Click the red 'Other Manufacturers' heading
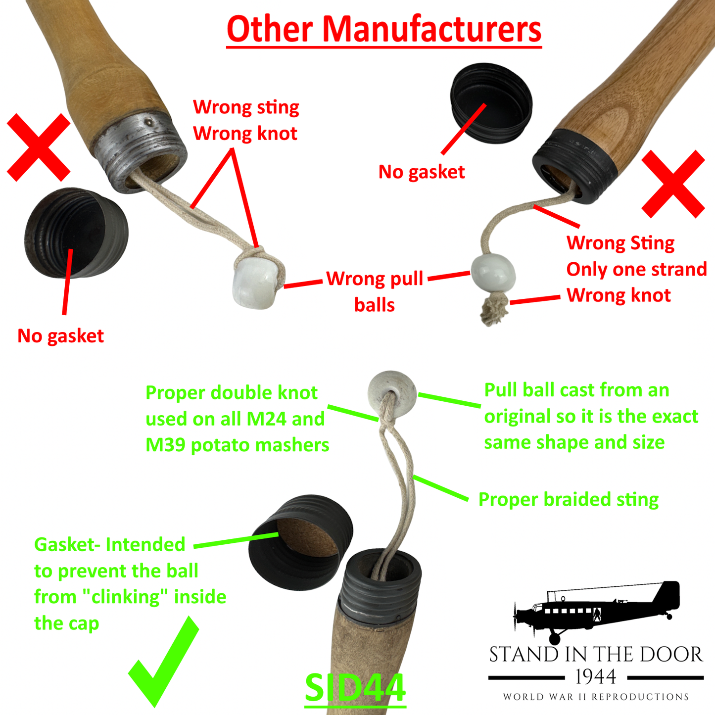[x=384, y=30]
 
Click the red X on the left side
[x=39, y=147]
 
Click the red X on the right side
[x=673, y=184]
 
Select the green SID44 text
[x=355, y=687]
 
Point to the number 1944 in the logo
[x=596, y=677]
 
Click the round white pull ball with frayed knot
[x=492, y=272]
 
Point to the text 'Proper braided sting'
[x=568, y=500]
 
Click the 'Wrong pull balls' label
[x=375, y=291]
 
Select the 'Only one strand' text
[x=636, y=269]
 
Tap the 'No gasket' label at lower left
[x=60, y=336]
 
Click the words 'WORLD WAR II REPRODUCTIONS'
[x=596, y=697]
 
